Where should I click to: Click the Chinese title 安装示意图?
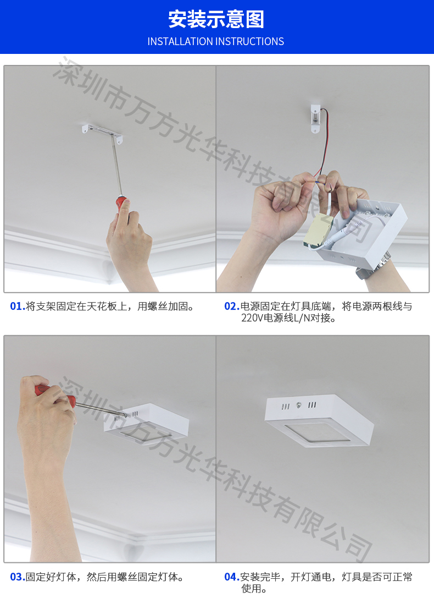point(216,19)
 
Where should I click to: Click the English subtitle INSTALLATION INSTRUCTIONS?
point(216,41)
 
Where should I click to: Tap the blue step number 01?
point(17,306)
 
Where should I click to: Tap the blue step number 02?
point(232,306)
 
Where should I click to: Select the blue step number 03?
point(17,577)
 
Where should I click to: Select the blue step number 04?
point(232,577)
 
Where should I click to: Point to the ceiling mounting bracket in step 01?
point(102,132)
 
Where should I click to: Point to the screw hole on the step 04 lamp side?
point(298,405)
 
